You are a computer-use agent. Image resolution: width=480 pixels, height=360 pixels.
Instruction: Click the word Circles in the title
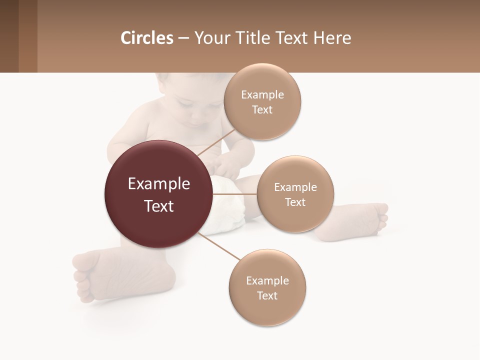(x=146, y=38)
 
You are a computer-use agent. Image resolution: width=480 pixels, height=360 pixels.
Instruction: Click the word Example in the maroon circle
(x=159, y=184)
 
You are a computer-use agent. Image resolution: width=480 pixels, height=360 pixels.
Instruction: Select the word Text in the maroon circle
(x=159, y=206)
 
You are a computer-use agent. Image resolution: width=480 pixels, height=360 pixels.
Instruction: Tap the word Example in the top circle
(x=262, y=95)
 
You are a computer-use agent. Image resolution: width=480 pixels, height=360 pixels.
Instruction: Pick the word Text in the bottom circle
(x=267, y=295)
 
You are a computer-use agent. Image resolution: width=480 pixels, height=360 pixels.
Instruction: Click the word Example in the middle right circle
(x=295, y=187)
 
